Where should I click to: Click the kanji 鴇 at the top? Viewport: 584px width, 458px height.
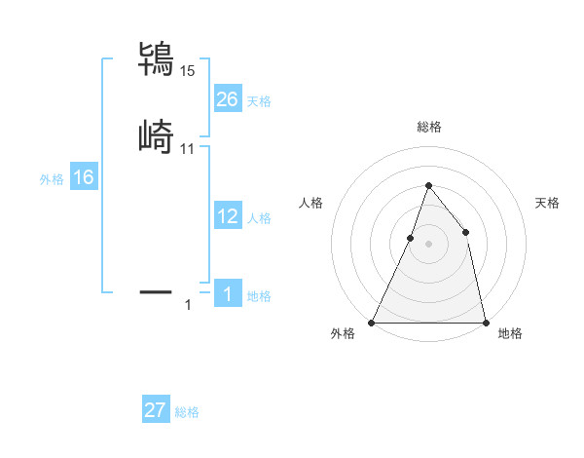157,58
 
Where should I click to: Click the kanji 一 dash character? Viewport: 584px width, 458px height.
157,290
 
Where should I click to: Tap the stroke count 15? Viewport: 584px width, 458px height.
187,70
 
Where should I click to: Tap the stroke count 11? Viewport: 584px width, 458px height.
187,148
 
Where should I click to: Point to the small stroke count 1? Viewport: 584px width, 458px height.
188,305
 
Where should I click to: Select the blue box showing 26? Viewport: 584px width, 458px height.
227,98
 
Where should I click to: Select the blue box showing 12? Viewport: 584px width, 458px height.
227,216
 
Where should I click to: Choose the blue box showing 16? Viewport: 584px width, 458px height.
83,177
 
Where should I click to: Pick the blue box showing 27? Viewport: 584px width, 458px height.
156,410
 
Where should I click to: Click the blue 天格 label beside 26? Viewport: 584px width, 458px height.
259,100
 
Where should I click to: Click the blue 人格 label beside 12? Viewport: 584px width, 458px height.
259,218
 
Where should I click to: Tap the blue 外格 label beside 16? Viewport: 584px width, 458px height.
52,179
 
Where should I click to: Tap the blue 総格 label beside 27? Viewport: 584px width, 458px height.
187,412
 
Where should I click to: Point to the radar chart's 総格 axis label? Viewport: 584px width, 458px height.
428,127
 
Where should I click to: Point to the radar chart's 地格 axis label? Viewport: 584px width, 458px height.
510,334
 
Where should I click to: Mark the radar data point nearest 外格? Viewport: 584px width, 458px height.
372,322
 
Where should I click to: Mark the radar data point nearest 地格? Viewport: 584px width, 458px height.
485,322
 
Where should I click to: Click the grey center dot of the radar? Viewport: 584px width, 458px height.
428,243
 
